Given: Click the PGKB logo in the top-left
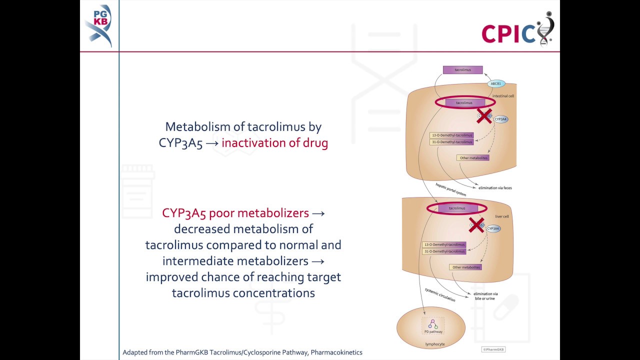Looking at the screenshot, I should pyautogui.click(x=98, y=25).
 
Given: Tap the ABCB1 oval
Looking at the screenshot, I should pyautogui.click(x=495, y=83).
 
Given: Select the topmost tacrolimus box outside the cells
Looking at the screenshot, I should pyautogui.click(x=462, y=70).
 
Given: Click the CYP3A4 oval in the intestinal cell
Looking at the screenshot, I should pyautogui.click(x=500, y=119).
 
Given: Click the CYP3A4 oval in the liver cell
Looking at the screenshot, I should pyautogui.click(x=493, y=228).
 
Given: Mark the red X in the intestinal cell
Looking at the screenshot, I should pyautogui.click(x=483, y=115).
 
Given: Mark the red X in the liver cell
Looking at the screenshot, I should pyautogui.click(x=476, y=224).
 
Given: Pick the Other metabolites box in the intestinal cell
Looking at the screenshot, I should pyautogui.click(x=472, y=158).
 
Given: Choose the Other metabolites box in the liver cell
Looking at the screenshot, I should pyautogui.click(x=465, y=267).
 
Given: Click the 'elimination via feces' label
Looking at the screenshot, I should pyautogui.click(x=495, y=188).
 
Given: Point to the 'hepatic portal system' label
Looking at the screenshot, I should pyautogui.click(x=450, y=189).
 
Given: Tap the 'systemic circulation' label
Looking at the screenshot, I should pyautogui.click(x=440, y=294).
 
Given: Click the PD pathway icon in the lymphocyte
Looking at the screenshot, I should pyautogui.click(x=433, y=325).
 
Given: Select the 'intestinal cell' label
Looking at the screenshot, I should pyautogui.click(x=503, y=96).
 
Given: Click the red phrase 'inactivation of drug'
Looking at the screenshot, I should pyautogui.click(x=274, y=143).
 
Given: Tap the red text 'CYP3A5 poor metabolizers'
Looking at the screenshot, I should pyautogui.click(x=235, y=213).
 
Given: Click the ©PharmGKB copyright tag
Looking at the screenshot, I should pyautogui.click(x=493, y=349).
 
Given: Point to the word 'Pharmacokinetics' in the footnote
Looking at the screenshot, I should pyautogui.click(x=336, y=352).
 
